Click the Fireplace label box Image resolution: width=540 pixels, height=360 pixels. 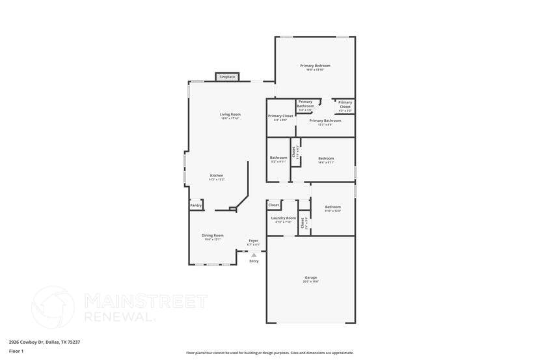coord(227,77)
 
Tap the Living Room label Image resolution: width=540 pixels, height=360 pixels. coord(230,115)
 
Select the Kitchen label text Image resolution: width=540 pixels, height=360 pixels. coord(217,175)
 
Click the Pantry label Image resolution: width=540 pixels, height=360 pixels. coord(196,205)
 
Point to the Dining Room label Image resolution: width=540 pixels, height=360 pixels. coord(212,236)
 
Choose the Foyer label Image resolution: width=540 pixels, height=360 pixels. coord(253,241)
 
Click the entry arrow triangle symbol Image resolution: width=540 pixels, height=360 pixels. coord(254,255)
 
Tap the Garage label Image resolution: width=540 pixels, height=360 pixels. coord(311,277)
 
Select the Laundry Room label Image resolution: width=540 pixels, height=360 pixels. coord(283,218)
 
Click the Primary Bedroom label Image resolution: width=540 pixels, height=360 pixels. coord(315,66)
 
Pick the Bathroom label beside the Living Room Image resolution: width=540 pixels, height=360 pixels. coord(278,158)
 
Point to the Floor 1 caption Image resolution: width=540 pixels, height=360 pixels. coord(16,351)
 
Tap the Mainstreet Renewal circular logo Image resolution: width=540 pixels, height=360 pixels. coord(53,307)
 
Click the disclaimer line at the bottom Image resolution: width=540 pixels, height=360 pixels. coord(270,353)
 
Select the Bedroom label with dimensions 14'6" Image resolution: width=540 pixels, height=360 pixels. coord(326,158)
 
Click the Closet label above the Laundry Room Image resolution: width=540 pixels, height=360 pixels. coord(274,204)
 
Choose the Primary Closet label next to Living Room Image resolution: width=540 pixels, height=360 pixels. coord(280,116)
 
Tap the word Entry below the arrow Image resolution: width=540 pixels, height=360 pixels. coord(254,261)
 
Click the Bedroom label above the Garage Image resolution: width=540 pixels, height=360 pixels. coord(332,207)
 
